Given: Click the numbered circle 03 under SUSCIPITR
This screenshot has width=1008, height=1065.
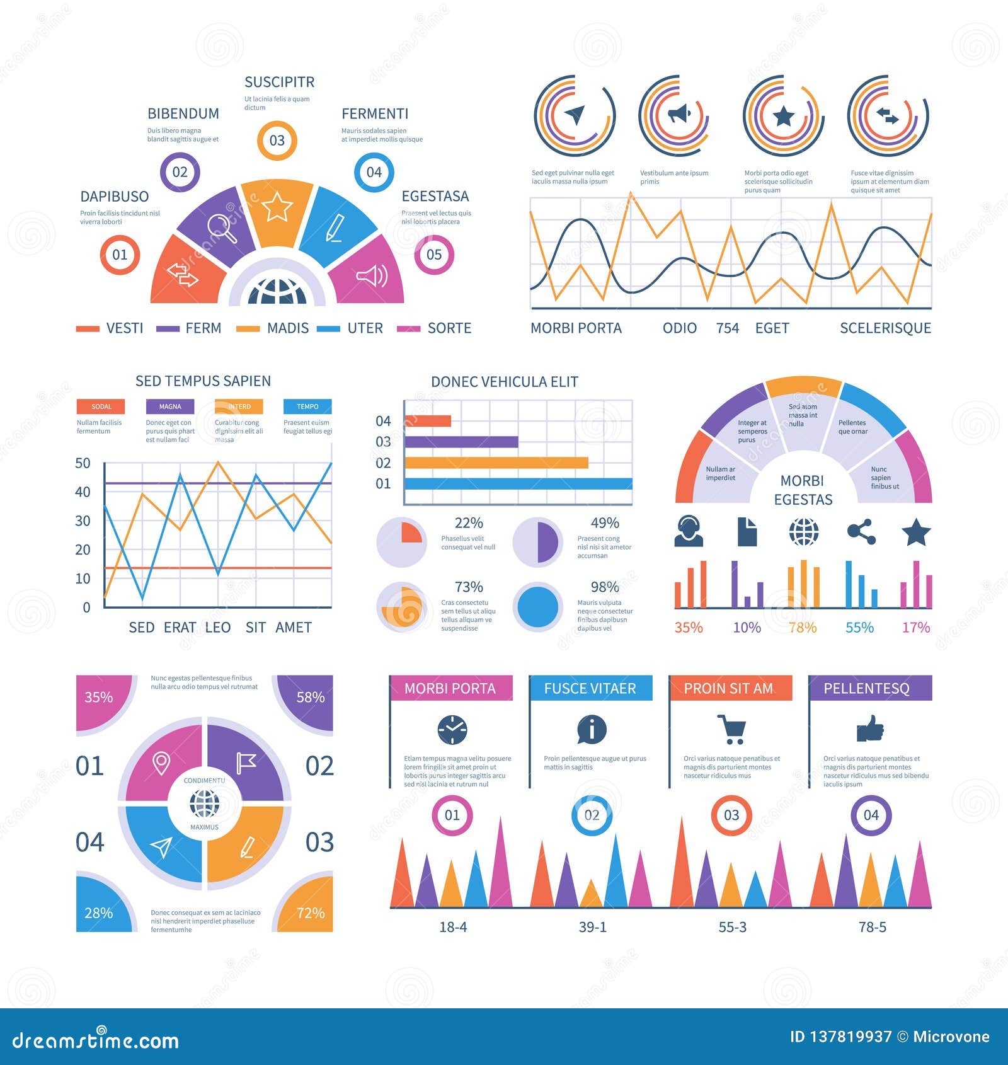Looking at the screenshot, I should pyautogui.click(x=277, y=141).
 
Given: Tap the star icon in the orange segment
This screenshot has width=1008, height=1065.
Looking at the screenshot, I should pyautogui.click(x=277, y=206).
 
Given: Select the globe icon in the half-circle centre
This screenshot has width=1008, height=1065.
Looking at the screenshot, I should pyautogui.click(x=277, y=292).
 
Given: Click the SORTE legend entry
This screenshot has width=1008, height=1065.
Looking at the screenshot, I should pyautogui.click(x=449, y=328).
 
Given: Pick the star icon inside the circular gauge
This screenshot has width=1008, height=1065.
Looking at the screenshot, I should pyautogui.click(x=784, y=116).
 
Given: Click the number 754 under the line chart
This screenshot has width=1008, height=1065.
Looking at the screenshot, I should pyautogui.click(x=727, y=328).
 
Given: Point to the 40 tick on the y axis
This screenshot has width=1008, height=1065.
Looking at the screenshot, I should pyautogui.click(x=83, y=492).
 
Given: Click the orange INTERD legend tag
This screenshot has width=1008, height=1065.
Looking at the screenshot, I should pyautogui.click(x=239, y=406).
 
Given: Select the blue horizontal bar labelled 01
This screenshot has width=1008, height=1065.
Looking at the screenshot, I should pyautogui.click(x=518, y=484).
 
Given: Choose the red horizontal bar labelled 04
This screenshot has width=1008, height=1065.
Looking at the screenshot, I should pyautogui.click(x=428, y=421).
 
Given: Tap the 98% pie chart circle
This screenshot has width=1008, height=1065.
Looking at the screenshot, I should pyautogui.click(x=537, y=607).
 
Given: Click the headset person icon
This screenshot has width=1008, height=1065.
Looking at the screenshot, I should pyautogui.click(x=688, y=531).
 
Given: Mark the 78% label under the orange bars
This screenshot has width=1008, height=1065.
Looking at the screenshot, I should pyautogui.click(x=802, y=628).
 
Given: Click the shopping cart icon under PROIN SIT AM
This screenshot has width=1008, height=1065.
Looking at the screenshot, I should pyautogui.click(x=731, y=730).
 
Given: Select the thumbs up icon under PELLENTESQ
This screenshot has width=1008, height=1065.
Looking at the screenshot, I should pyautogui.click(x=870, y=729).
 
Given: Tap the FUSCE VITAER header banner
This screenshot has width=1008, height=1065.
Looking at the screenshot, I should pyautogui.click(x=590, y=688).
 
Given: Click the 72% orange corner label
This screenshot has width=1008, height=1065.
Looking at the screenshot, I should pyautogui.click(x=310, y=912).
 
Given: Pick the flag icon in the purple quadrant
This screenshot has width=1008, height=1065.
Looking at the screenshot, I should pyautogui.click(x=246, y=763).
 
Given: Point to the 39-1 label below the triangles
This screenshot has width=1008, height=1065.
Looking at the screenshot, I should pyautogui.click(x=592, y=927).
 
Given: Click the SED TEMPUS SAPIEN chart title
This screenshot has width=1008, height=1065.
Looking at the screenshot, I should pyautogui.click(x=203, y=381).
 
